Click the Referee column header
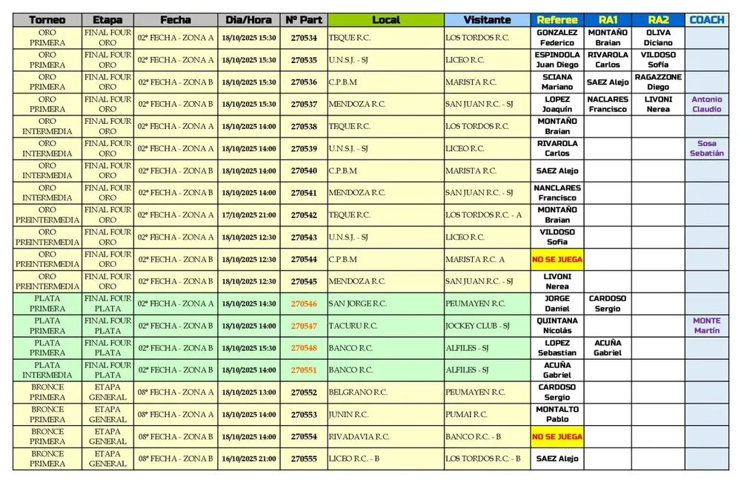pyautogui.click(x=557, y=20)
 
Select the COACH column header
pyautogui.click(x=706, y=20)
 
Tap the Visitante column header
pyautogui.click(x=487, y=20)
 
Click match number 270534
pyautogui.click(x=304, y=38)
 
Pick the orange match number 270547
pyautogui.click(x=304, y=326)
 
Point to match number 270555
pyautogui.click(x=304, y=459)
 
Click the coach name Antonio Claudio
pyautogui.click(x=706, y=104)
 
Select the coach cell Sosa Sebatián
pyautogui.click(x=706, y=148)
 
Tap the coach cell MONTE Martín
pyautogui.click(x=706, y=326)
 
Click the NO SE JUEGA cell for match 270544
pyautogui.click(x=557, y=260)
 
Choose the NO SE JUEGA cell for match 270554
pyautogui.click(x=557, y=437)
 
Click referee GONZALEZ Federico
pyautogui.click(x=557, y=38)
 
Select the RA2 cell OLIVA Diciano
pyautogui.click(x=658, y=38)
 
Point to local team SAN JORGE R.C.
pyautogui.click(x=358, y=303)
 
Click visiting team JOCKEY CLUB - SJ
pyautogui.click(x=478, y=326)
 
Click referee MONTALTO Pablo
pyautogui.click(x=557, y=414)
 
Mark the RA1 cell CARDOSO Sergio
pyautogui.click(x=608, y=303)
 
